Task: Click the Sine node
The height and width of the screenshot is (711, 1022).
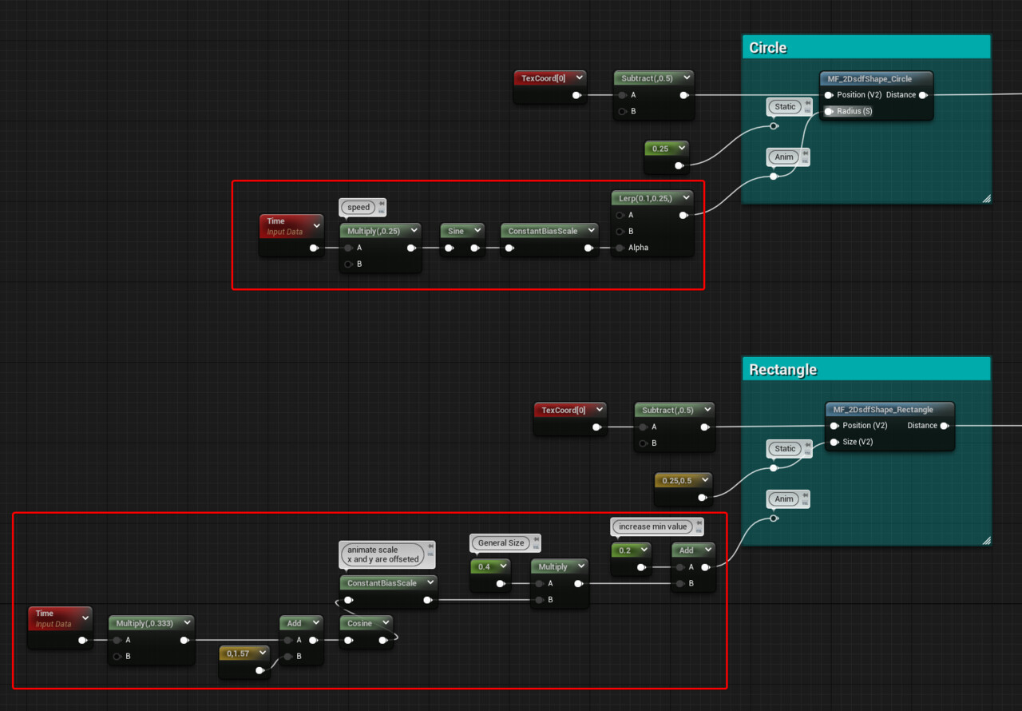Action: [456, 231]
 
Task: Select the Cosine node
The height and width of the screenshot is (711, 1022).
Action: [360, 623]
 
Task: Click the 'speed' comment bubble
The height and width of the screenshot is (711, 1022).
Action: [359, 208]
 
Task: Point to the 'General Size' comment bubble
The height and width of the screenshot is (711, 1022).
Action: [501, 543]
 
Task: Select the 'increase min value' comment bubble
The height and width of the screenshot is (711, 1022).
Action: [653, 527]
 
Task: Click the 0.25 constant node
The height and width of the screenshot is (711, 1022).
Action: [660, 149]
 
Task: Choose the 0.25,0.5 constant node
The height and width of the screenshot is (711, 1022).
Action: [677, 481]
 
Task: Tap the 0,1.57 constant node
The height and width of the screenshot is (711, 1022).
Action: [238, 653]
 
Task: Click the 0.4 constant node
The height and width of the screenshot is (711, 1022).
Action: [485, 567]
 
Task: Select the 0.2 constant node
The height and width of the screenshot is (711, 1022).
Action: [625, 550]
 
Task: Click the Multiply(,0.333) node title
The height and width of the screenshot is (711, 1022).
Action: [145, 623]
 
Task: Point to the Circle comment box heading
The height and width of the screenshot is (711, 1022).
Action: [768, 48]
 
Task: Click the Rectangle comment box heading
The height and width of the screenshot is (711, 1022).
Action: [782, 370]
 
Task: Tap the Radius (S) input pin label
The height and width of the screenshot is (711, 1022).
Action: [854, 111]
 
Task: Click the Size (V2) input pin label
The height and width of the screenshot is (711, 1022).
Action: [858, 442]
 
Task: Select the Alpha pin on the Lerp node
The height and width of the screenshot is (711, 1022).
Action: [638, 248]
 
